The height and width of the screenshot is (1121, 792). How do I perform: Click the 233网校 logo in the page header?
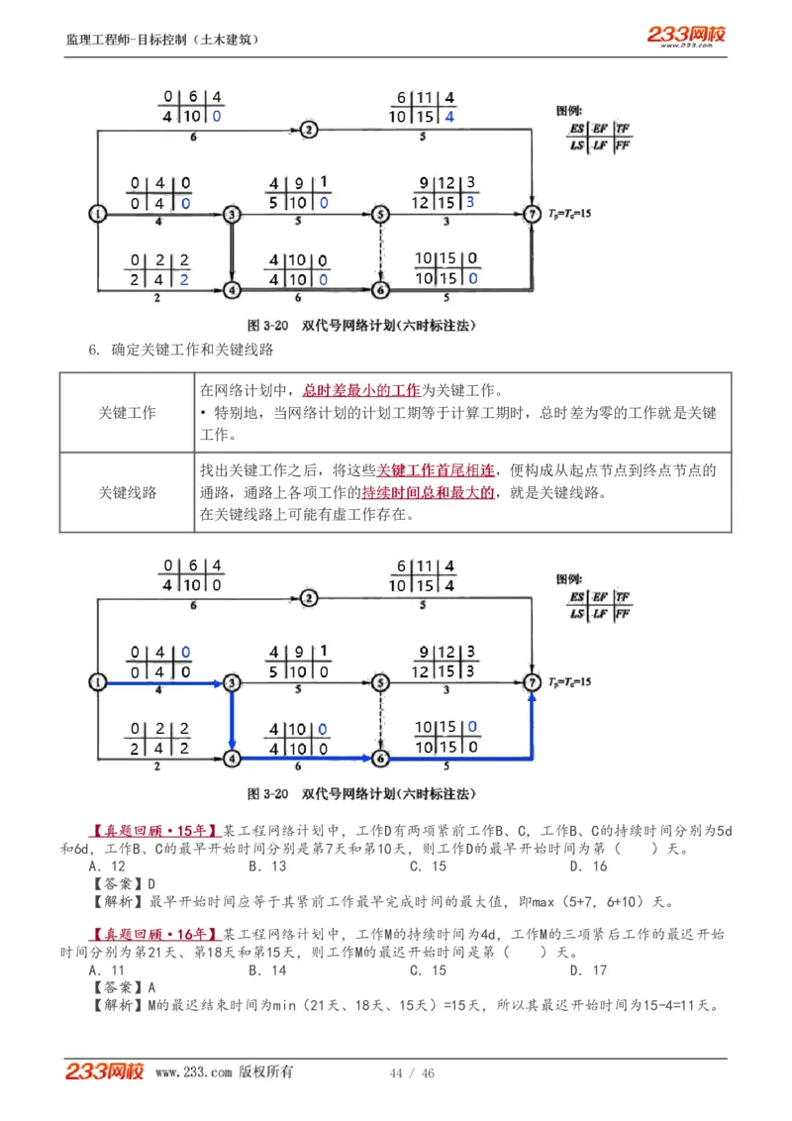[686, 36]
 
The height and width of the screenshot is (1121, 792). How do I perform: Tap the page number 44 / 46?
[413, 1073]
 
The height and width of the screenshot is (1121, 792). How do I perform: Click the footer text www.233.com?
[194, 1072]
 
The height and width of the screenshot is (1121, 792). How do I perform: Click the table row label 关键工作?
[127, 413]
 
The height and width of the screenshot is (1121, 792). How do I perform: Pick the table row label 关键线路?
[127, 492]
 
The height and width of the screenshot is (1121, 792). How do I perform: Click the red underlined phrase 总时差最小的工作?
[361, 390]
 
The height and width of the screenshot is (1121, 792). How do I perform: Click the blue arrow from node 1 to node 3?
[163, 682]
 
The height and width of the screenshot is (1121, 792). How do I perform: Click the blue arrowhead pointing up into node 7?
[533, 697]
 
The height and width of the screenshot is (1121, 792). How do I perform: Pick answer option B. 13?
[267, 866]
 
